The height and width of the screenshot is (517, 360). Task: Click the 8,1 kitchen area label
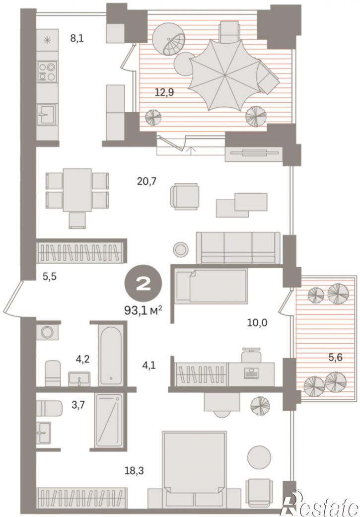coord(77,38)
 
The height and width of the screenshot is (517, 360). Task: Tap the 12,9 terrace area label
coord(164,92)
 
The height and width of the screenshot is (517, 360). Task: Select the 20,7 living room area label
coord(146,181)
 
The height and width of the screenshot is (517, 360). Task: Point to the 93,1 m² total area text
coord(143,310)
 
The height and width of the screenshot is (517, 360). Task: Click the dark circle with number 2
coord(143,284)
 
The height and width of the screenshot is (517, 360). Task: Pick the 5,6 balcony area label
coord(335,357)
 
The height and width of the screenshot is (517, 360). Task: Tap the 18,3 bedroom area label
coord(134,470)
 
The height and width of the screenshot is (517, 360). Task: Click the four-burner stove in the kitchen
coord(47,72)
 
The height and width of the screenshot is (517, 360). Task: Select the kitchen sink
coord(47,114)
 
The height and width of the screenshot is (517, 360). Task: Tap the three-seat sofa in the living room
coord(238,248)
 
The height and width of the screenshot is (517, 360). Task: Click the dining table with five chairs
coord(77,197)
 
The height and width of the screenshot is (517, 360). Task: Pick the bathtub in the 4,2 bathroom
coord(111,355)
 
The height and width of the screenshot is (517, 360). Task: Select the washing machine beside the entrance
coord(47,332)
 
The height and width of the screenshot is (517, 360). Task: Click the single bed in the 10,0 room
coord(212,286)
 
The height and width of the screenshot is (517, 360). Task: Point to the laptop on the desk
coord(251,373)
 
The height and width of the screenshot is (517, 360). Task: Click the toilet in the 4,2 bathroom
coord(53,373)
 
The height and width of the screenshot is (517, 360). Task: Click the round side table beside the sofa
coord(181,249)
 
